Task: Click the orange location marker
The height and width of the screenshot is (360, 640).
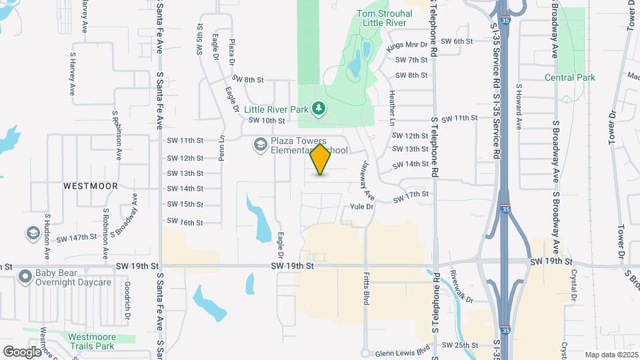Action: click(321, 159)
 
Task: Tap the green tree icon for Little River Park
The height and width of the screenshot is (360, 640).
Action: click(319, 107)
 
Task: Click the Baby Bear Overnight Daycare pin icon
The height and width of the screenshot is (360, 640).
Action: click(25, 276)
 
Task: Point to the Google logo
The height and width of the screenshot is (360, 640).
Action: click(21, 351)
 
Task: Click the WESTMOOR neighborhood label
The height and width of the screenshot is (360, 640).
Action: click(91, 187)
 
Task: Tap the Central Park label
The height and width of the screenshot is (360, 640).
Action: click(569, 78)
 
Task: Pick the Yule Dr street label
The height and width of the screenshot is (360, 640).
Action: click(362, 207)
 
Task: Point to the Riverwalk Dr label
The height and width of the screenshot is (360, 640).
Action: click(461, 286)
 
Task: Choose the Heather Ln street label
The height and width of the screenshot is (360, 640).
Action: click(393, 109)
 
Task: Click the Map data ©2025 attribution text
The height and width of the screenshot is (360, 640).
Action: click(610, 354)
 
